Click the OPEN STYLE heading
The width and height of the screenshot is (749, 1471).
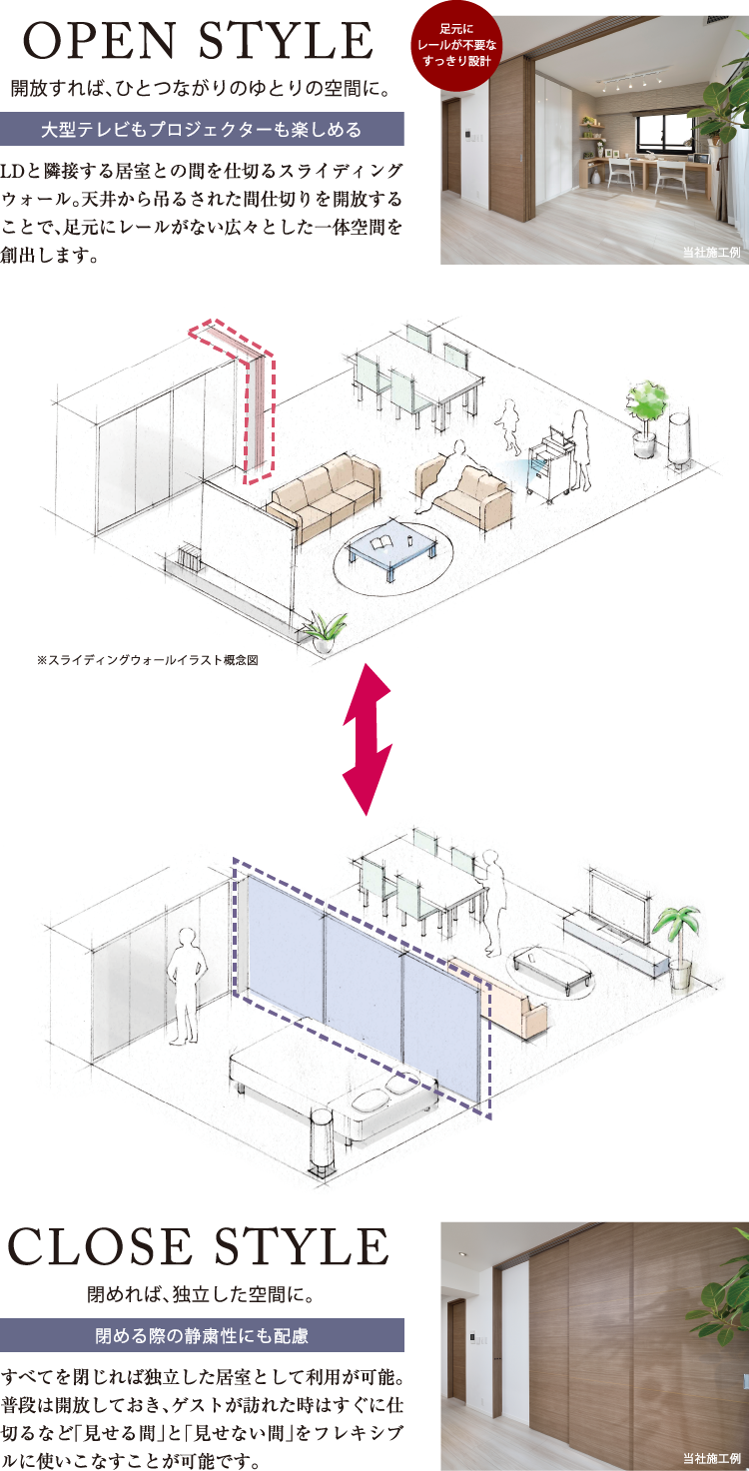pos(198,42)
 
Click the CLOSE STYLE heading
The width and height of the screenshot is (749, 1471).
pos(198,1247)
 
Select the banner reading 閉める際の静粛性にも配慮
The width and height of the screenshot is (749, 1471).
pos(202,1335)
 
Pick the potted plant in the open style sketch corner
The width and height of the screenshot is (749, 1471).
pos(646,411)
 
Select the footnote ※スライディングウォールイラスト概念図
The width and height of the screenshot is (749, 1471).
pos(147,660)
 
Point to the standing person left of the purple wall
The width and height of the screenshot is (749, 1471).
pos(187,984)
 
